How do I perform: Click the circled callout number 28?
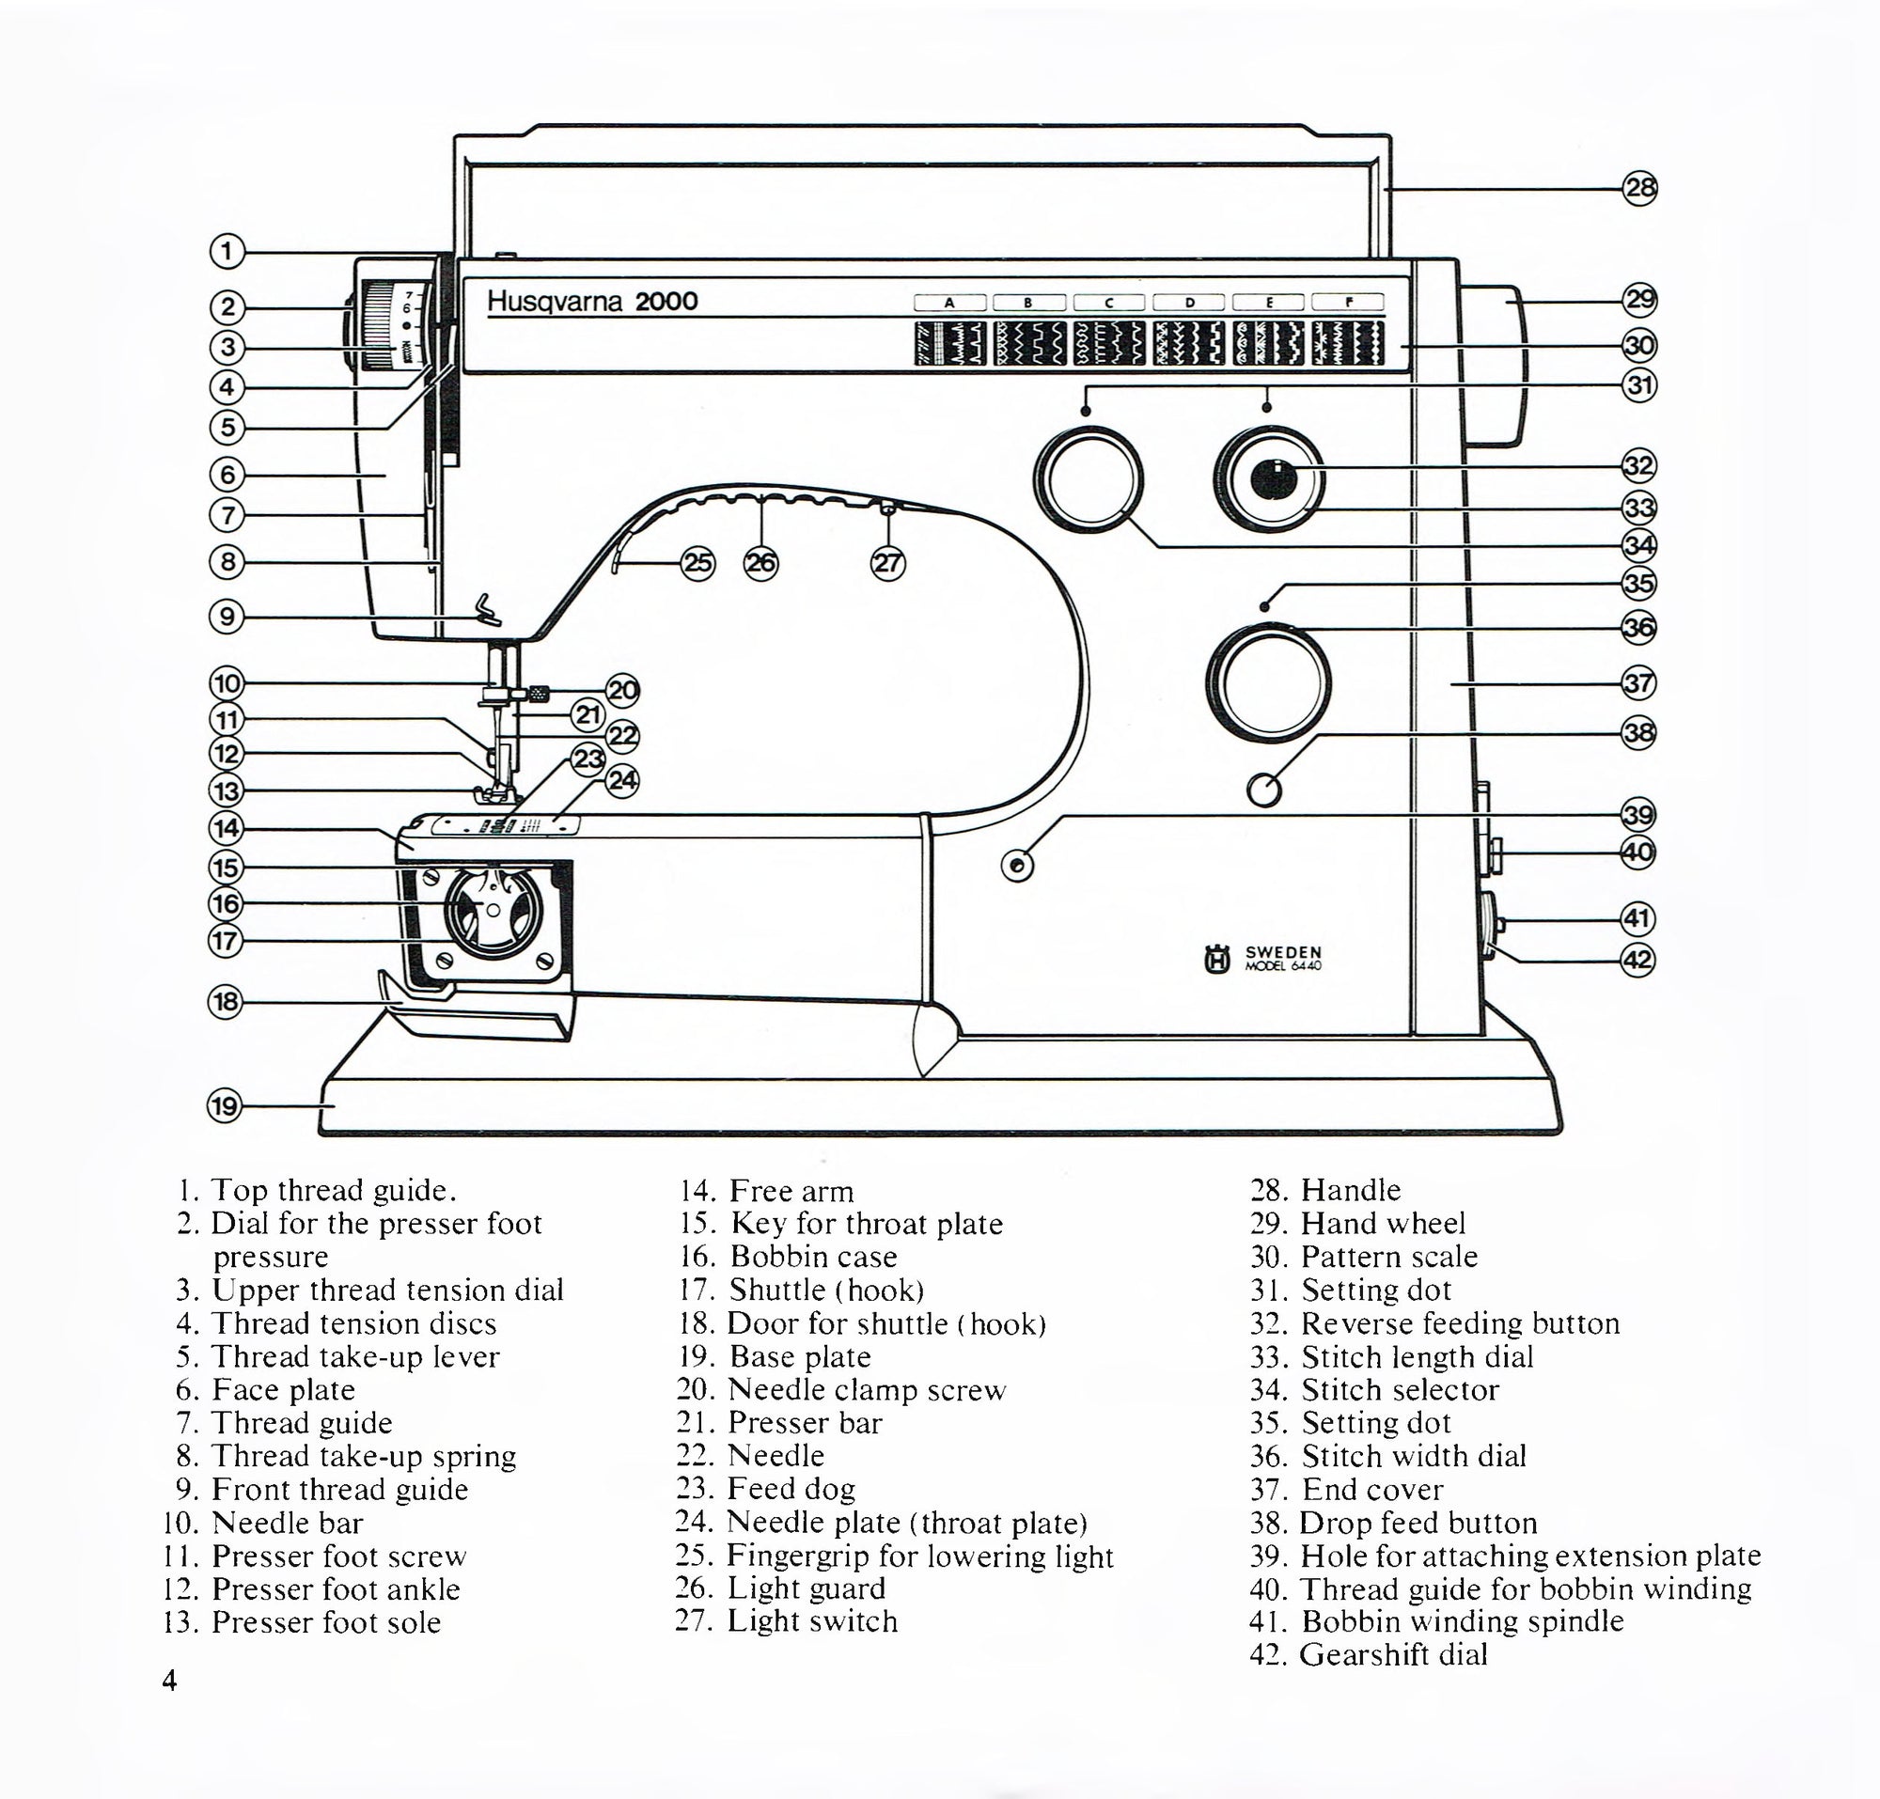(x=1639, y=188)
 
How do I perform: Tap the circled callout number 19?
(x=225, y=1106)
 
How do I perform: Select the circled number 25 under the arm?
(x=697, y=563)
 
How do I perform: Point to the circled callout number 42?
(x=1637, y=960)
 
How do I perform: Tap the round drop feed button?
(x=1264, y=790)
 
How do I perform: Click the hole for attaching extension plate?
(x=1017, y=866)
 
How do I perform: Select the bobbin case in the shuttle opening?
(x=493, y=908)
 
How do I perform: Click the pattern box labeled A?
(x=949, y=303)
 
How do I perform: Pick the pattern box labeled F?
(x=1348, y=302)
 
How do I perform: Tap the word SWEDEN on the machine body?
(x=1282, y=952)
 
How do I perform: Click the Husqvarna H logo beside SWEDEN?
(x=1217, y=958)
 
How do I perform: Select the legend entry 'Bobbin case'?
(x=813, y=1257)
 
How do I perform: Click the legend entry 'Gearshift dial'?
(x=1393, y=1654)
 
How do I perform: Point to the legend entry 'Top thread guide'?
(x=332, y=1190)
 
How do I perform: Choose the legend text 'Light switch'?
(x=811, y=1620)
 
